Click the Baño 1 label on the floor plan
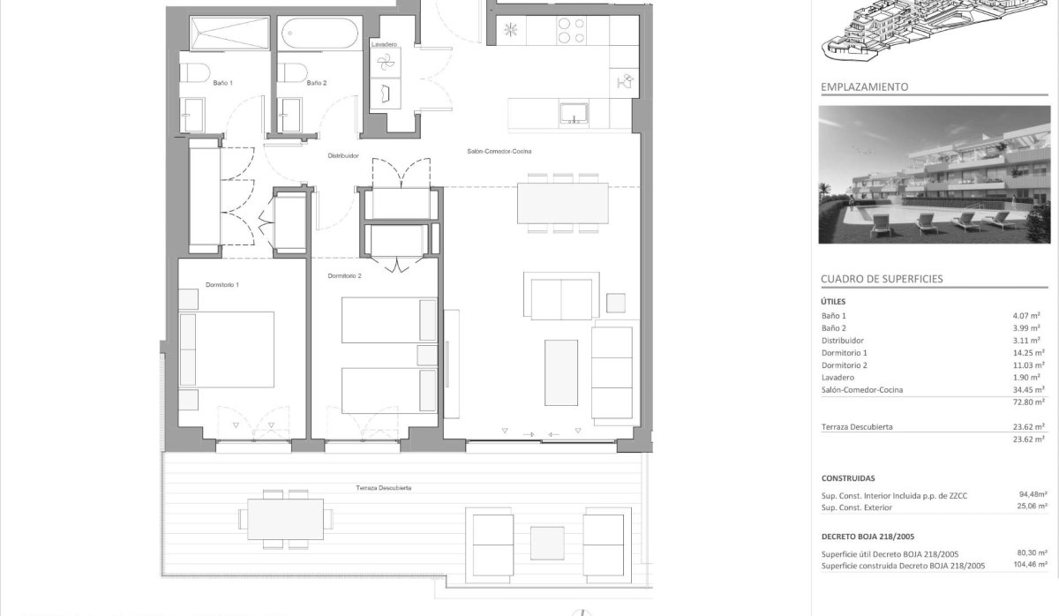coord(222,83)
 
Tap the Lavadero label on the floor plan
coord(384,44)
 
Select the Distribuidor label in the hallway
coord(343,155)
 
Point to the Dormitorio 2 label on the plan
coord(344,275)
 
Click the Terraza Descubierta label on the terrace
coord(383,488)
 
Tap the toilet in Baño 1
coord(194,72)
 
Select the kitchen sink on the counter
coord(574,113)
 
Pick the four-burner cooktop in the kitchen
coord(571,30)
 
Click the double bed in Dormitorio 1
coord(226,349)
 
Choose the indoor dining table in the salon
coord(563,203)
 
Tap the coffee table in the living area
coord(561,372)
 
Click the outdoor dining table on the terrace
coord(286,519)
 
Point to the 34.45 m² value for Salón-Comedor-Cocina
coord(1028,389)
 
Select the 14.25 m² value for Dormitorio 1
coord(1028,353)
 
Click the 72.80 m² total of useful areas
coord(1028,402)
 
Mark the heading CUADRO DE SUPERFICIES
coord(882,279)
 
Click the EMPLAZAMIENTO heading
coord(865,87)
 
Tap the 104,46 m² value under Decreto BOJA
coord(1030,564)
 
